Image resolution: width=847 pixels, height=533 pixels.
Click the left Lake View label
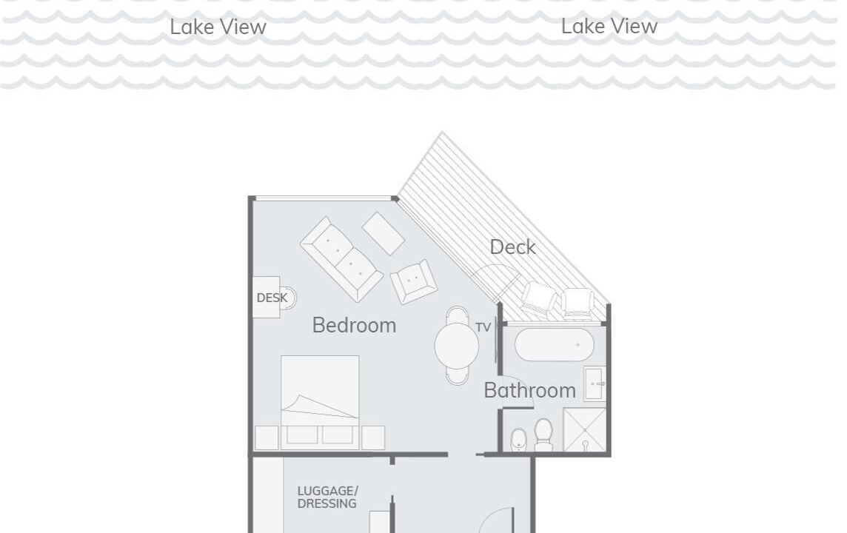218,27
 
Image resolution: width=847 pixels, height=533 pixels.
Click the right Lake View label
609,26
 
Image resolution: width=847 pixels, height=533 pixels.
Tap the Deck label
512,247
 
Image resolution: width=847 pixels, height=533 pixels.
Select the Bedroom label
354,325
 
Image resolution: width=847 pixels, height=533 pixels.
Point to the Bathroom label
529,390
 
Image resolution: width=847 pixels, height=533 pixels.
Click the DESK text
272,298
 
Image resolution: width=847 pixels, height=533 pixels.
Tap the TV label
483,327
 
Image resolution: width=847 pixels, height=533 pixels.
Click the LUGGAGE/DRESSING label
327,497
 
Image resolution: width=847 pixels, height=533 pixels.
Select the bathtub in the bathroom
555,344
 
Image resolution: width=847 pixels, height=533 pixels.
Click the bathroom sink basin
595,383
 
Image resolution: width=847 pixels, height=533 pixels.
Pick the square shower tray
584,429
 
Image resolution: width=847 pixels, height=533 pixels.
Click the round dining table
457,346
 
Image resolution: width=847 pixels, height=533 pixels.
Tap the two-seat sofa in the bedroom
341,259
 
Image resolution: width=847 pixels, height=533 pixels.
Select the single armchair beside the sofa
414,281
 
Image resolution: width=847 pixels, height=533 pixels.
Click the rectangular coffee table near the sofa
383,233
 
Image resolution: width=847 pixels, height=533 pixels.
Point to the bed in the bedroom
320,402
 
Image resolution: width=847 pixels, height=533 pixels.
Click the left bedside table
267,438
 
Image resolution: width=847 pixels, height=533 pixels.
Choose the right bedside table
373,438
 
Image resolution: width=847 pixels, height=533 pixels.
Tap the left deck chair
538,298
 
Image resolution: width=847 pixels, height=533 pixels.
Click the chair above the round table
458,315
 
